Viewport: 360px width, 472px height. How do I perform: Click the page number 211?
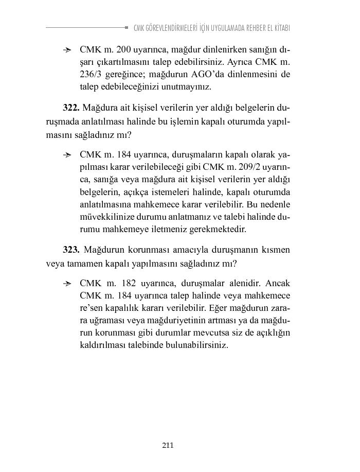168,445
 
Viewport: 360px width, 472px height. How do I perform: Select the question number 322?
70,108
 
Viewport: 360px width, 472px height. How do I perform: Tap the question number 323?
70,250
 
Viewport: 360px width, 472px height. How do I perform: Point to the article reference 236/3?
92,75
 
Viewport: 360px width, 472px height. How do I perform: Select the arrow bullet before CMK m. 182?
67,284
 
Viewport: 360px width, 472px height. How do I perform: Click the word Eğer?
221,308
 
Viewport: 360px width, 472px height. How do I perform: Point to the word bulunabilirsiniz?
193,345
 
